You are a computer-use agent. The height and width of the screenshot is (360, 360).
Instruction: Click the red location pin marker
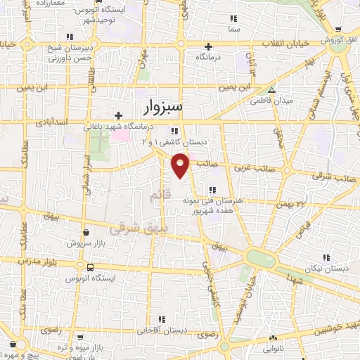pos(181,165)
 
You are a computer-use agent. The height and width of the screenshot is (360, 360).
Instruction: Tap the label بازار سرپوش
pos(85,243)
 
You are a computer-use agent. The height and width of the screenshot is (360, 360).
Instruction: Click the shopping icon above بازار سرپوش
pos(85,231)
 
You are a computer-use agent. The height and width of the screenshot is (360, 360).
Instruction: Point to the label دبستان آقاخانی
pos(162,329)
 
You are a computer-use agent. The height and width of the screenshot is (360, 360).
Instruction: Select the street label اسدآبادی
pos(49,122)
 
